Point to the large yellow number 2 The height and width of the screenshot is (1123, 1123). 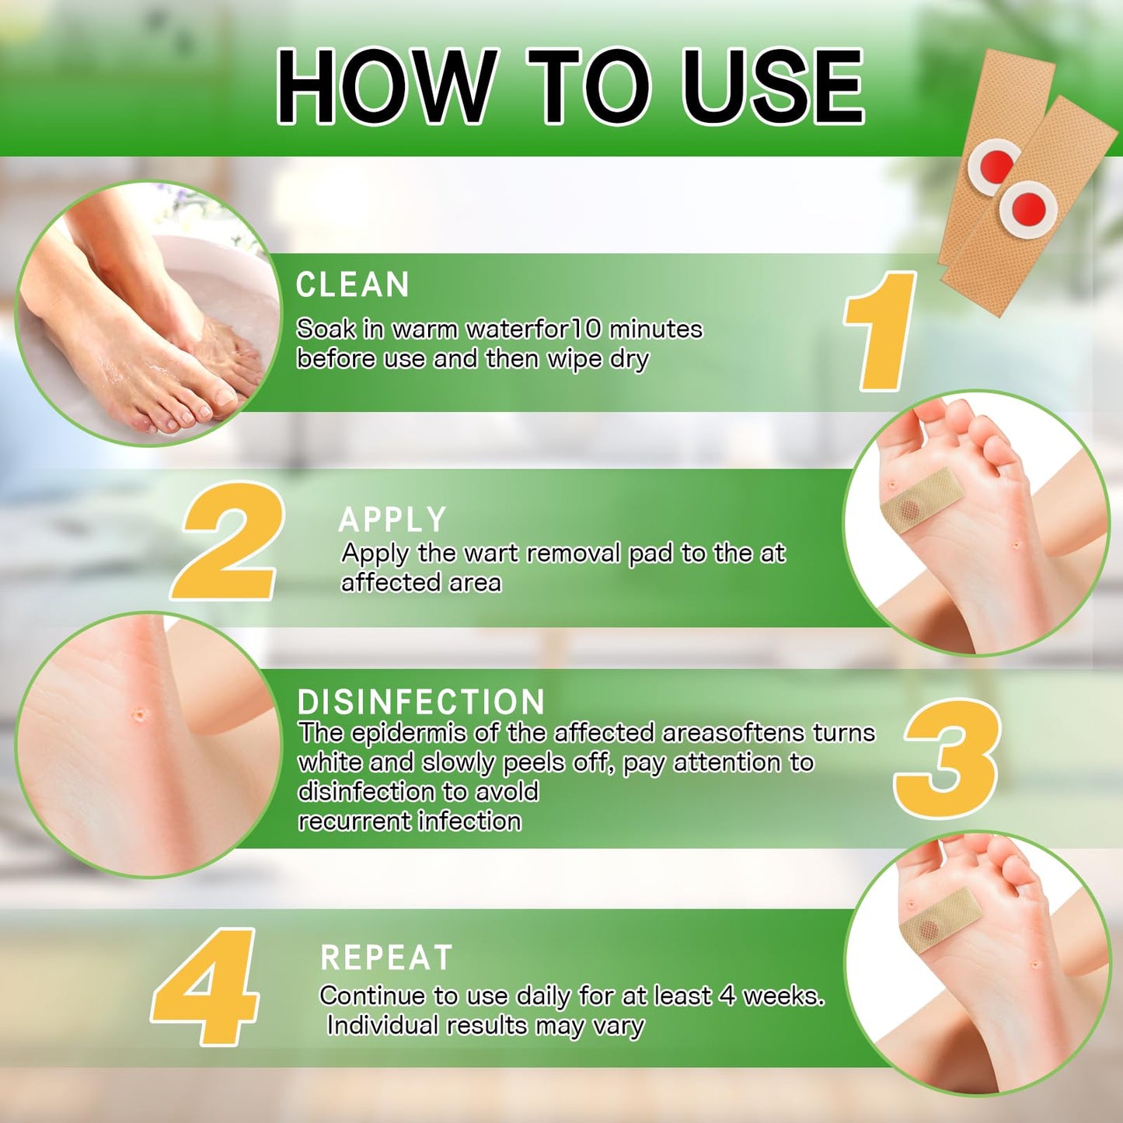(228, 541)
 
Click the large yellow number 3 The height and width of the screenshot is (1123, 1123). (948, 758)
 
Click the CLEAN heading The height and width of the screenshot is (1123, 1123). (352, 285)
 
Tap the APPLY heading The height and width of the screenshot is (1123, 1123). (392, 520)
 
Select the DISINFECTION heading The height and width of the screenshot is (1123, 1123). (420, 702)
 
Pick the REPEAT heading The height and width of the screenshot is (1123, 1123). (386, 958)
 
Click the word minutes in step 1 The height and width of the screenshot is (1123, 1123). (655, 330)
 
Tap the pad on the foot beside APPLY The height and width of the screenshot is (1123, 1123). (922, 500)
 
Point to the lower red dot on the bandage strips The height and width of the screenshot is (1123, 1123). (1027, 208)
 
